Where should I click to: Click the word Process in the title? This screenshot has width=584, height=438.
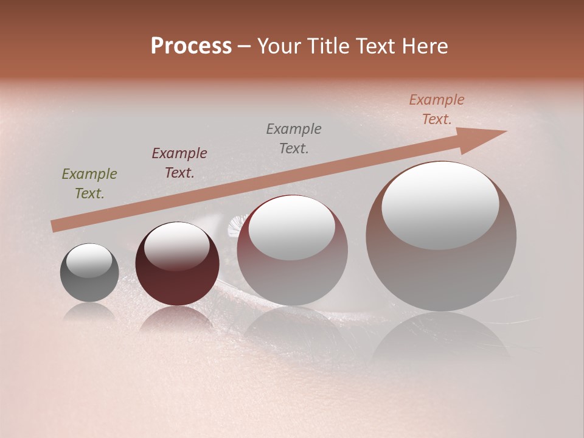tap(191, 46)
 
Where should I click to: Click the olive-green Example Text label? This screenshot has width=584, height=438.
tap(89, 184)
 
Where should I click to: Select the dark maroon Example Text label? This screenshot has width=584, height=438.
tap(179, 163)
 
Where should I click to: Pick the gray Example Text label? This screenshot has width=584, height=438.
tap(294, 138)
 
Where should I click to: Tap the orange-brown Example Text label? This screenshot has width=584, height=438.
tap(437, 109)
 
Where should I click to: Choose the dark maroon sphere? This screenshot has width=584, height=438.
tap(177, 277)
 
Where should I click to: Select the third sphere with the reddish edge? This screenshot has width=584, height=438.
tap(292, 268)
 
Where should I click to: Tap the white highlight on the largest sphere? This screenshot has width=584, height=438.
tap(440, 204)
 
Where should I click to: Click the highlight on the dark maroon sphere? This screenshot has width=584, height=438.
tap(176, 246)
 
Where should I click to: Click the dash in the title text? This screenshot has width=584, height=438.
tap(245, 46)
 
